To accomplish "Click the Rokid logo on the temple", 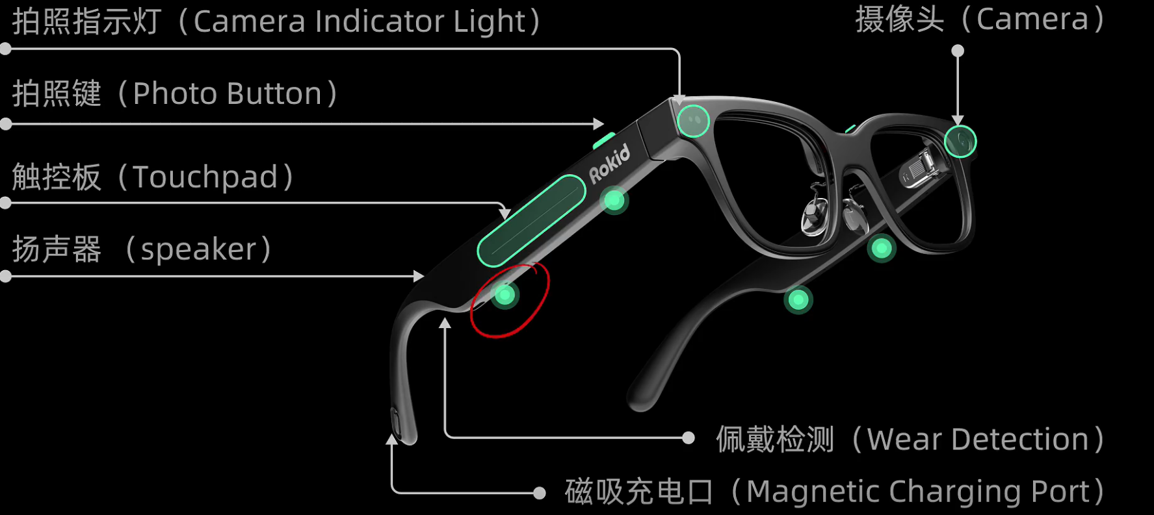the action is coord(609,164).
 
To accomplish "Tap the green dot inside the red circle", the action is coord(505,295).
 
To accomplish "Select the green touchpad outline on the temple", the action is coord(531,221).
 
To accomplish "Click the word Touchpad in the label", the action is coord(205,177).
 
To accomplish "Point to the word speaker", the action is coord(199,249).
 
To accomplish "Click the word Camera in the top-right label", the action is coord(1032,19).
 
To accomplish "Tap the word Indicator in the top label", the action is coord(380,21).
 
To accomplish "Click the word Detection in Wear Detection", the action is coord(1020,440).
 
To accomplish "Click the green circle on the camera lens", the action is coord(960,141).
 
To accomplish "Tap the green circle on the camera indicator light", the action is coord(693,121).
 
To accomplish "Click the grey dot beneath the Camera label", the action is coord(958,51).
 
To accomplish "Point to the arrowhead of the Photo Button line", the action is coord(599,123).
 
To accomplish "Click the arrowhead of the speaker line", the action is coord(419,276).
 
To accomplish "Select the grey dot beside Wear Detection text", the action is coord(688,438).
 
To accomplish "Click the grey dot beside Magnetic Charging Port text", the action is coord(539,493).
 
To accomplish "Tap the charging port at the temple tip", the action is coord(395,421).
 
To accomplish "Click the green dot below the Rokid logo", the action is coord(614,200).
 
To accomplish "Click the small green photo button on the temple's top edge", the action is coord(604,140).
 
